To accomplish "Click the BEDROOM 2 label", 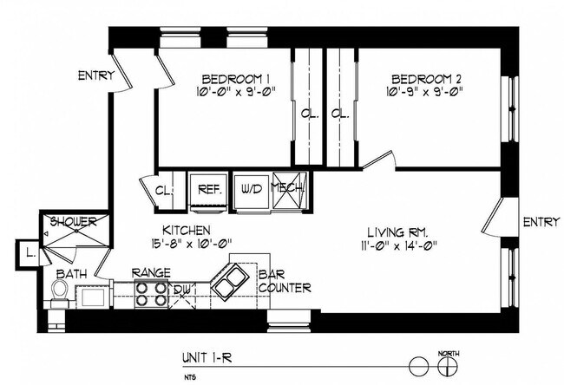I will point(427,75).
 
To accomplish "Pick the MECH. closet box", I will point(288,189).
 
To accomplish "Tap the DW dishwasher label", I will point(182,290).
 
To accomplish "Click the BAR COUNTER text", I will point(284,283).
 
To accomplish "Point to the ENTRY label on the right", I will point(541,223).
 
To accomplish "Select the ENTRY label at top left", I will point(95,75).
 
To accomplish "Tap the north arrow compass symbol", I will point(449,365).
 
